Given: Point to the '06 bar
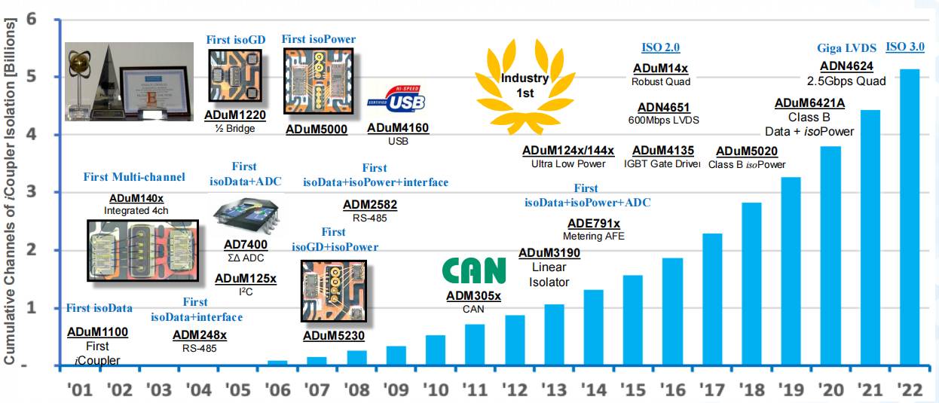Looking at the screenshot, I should point(277,363).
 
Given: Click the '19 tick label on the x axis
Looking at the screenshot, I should point(791,389).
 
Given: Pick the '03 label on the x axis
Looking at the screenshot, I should point(160,389).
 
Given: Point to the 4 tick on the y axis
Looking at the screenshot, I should point(31,135).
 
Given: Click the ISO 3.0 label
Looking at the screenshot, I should point(904,47).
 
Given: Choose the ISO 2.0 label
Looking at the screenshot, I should point(660,47).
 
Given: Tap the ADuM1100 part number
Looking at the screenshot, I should point(97,331).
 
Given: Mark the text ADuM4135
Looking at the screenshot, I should point(663,151).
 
